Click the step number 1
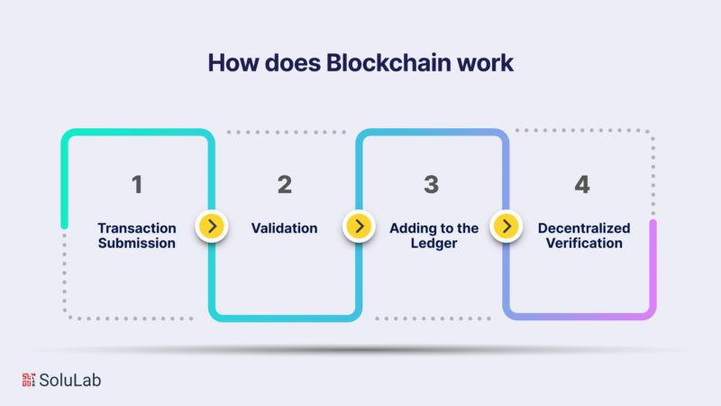tap(137, 185)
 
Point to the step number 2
tap(285, 185)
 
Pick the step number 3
tap(432, 185)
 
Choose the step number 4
tap(581, 185)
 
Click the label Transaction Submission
tap(137, 235)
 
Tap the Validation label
tap(285, 228)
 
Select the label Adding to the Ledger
tap(434, 235)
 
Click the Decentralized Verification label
tap(584, 235)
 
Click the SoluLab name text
tap(71, 380)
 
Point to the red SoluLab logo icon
tap(27, 380)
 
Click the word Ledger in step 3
tap(434, 244)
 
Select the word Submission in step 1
tap(137, 244)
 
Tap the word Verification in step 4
tap(584, 244)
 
